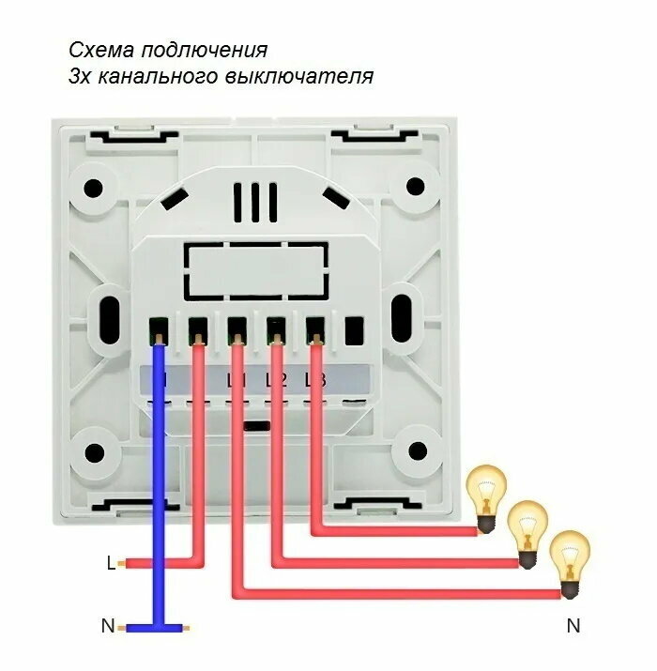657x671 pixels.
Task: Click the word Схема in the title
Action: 98,50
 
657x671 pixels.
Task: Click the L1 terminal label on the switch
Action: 236,380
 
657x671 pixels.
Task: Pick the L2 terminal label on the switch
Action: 275,380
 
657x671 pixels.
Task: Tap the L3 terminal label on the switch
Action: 315,380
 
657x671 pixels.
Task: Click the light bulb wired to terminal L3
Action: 486,498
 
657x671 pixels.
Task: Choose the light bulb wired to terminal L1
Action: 568,562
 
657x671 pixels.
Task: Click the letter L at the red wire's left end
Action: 111,564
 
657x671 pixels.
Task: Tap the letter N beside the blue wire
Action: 108,625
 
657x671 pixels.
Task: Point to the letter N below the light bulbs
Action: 573,625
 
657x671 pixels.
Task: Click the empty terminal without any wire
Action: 354,331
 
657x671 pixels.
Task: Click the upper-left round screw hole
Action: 94,187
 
